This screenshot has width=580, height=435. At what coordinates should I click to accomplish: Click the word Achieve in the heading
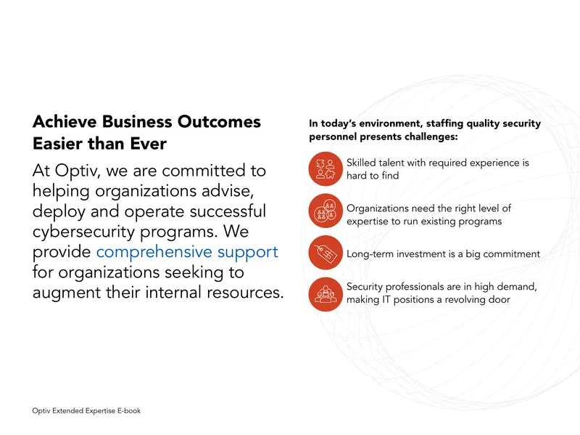pos(65,121)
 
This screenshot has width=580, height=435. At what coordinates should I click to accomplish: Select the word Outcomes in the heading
pos(219,121)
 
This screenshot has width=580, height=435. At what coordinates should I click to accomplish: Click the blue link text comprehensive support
pos(187,252)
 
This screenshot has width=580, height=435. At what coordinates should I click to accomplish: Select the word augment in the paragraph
pos(67,293)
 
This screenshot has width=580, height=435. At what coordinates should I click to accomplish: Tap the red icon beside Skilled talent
pos(326,169)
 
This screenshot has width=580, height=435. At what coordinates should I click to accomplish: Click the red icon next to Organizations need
pos(326,211)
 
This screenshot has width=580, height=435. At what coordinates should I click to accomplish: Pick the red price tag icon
pos(326,253)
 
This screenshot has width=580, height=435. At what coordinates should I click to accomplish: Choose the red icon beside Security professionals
pos(326,294)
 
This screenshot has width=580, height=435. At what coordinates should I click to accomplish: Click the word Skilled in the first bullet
pos(360,163)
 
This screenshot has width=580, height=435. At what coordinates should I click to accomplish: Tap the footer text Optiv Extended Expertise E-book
pos(86,410)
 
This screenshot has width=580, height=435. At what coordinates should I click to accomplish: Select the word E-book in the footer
pos(129,410)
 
